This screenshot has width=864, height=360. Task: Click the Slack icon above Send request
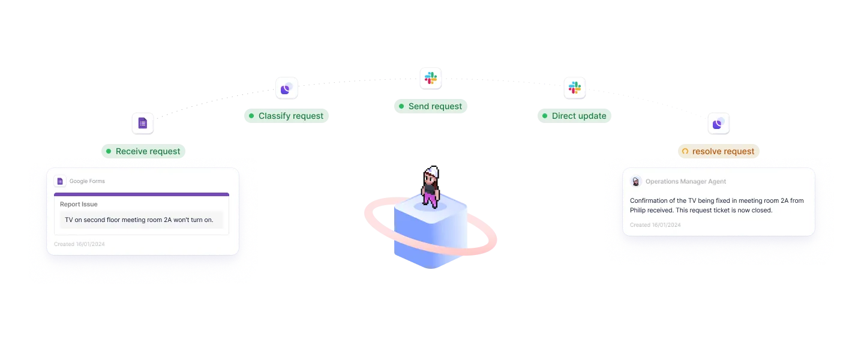tap(430, 78)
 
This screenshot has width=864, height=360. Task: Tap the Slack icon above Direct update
tap(575, 88)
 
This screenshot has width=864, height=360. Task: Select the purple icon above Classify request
tap(286, 89)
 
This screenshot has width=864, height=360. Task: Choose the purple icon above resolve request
tap(718, 124)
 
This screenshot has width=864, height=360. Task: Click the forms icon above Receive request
tap(143, 124)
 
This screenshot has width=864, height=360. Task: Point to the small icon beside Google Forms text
tap(60, 181)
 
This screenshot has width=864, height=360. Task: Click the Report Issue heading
tap(79, 204)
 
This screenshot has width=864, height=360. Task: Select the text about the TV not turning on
tap(139, 220)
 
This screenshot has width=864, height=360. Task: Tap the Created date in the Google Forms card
tap(79, 244)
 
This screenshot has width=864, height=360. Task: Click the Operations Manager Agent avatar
tap(636, 181)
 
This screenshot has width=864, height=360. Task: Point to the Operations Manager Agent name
tap(686, 181)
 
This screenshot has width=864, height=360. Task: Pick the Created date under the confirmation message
tap(655, 225)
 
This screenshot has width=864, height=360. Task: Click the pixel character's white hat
tap(431, 170)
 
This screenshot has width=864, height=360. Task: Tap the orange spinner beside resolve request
tap(685, 151)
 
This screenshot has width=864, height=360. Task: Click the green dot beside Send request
tap(401, 106)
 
